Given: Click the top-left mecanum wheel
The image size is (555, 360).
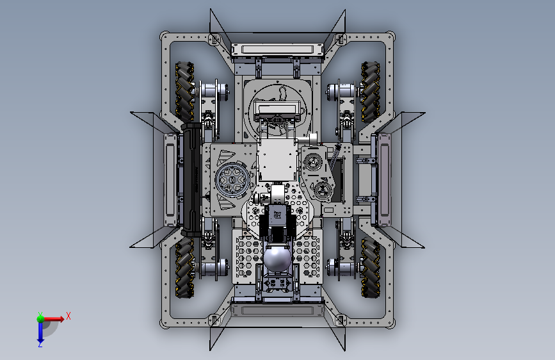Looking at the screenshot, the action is coord(184,92).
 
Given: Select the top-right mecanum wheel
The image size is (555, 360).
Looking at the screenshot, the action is coord(370,92).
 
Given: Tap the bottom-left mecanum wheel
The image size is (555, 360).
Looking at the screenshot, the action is coord(185,268).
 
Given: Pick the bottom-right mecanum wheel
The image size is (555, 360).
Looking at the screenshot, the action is coord(370,268).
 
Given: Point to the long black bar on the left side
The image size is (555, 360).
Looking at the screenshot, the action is coord(191,179).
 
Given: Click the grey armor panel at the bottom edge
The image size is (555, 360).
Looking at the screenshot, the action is coord(278,311).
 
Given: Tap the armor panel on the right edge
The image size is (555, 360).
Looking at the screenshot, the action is coord(384,179).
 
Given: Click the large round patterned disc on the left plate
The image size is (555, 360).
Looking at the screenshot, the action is coord(231,179).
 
